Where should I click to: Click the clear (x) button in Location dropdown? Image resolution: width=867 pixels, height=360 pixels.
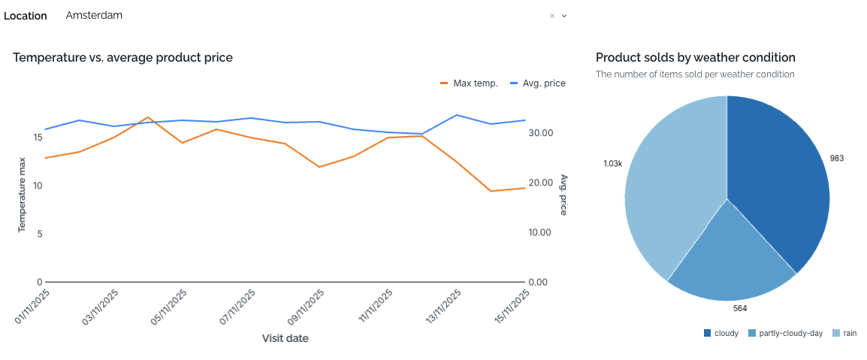(552, 16)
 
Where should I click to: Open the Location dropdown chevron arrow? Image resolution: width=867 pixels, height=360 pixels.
(564, 16)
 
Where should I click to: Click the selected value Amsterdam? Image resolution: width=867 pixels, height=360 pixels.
(94, 16)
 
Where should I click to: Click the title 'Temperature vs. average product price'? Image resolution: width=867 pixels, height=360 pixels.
(122, 57)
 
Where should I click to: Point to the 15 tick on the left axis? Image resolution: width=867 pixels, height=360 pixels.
(38, 138)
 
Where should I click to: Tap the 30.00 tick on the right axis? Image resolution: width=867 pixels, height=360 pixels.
(541, 133)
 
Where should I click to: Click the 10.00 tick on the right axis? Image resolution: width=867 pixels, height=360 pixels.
(541, 232)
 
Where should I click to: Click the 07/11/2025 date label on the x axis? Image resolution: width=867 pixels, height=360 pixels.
(237, 309)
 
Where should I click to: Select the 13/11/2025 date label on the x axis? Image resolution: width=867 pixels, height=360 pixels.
(443, 309)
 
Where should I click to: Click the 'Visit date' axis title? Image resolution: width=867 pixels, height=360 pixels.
(285, 338)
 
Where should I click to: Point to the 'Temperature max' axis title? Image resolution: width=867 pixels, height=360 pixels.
(23, 194)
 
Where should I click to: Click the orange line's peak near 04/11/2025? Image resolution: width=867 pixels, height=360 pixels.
(148, 118)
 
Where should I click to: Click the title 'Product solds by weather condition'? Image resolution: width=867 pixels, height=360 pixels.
(695, 57)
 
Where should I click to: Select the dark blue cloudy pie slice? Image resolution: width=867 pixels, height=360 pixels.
(774, 180)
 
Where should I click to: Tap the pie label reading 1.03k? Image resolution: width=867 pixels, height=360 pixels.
(612, 163)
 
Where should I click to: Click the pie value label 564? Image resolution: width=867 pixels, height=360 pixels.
(740, 307)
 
